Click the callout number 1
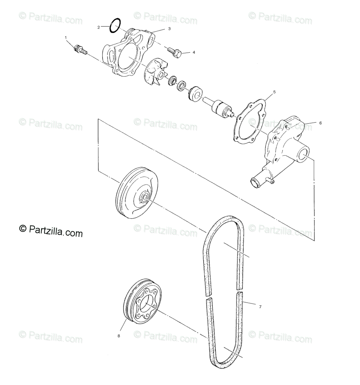coord(66,37)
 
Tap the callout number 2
coord(99,27)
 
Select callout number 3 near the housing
coord(169,29)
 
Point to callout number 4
coord(193,52)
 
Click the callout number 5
coord(274,92)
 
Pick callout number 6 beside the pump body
coord(320,123)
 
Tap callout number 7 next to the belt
coord(260,307)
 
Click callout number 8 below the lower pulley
coord(119,336)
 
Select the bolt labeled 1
coord(81,50)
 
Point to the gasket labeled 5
coord(250,121)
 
